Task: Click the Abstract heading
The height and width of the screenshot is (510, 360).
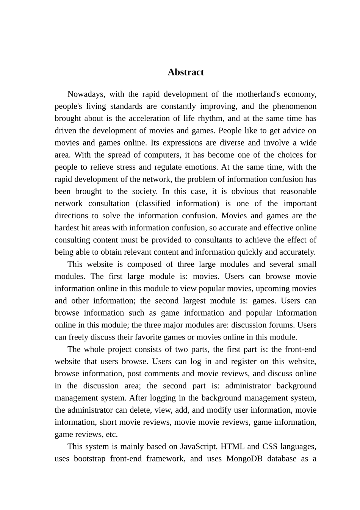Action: pyautogui.click(x=186, y=72)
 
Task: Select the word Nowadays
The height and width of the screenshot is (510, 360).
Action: pyautogui.click(x=85, y=94)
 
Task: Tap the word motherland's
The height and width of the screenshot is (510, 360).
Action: pyautogui.click(x=258, y=94)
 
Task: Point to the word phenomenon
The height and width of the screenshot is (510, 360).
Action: pyautogui.click(x=294, y=106)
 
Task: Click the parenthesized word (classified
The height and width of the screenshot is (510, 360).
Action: pyautogui.click(x=153, y=203)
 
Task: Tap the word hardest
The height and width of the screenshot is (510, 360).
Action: pyautogui.click(x=67, y=228)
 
